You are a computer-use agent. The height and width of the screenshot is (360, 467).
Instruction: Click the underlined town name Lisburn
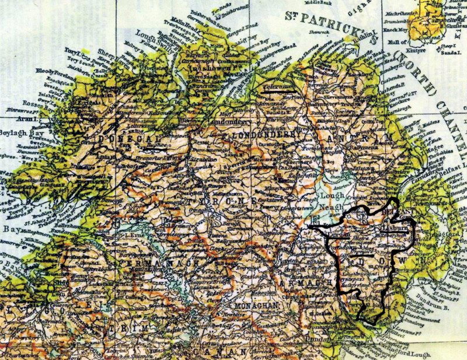pos(397,230)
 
